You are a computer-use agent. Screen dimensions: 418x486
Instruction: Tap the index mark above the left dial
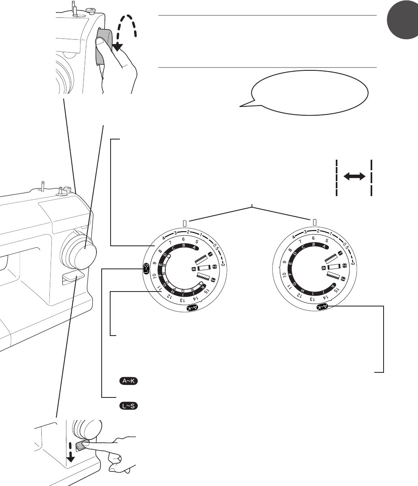(x=184, y=223)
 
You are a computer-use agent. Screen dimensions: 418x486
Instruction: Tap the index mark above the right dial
(x=314, y=223)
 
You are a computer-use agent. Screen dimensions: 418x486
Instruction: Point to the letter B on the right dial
(x=313, y=245)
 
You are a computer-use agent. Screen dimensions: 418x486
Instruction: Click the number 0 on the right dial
(x=353, y=263)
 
